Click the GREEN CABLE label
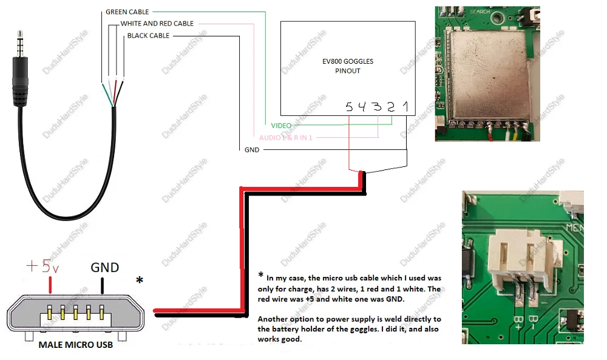127,12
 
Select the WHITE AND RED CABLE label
157,24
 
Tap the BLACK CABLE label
148,36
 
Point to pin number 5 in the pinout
349,107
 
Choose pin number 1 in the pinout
405,107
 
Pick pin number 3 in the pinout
378,107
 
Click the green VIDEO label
281,125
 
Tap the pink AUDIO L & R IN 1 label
286,138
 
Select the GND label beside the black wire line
252,150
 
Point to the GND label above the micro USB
104,267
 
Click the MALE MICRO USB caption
76,345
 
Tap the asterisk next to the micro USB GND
140,280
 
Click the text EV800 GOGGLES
348,62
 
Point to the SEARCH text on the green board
480,12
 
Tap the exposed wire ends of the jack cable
114,92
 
